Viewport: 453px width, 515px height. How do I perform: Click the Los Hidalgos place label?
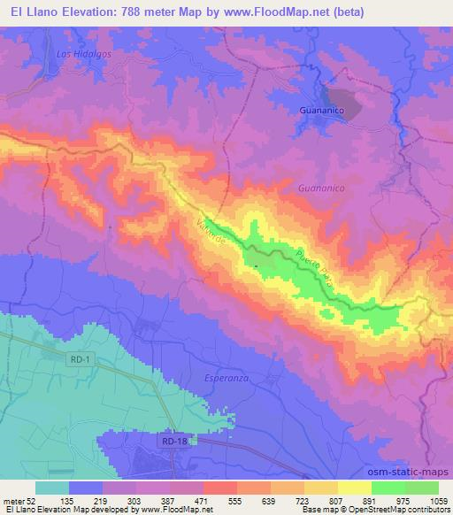pyautogui.click(x=75, y=54)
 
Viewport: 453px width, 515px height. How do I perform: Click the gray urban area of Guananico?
pyautogui.click(x=342, y=104)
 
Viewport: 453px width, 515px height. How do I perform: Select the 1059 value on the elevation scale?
pyautogui.click(x=431, y=500)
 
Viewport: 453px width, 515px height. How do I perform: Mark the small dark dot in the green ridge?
pyautogui.click(x=256, y=265)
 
